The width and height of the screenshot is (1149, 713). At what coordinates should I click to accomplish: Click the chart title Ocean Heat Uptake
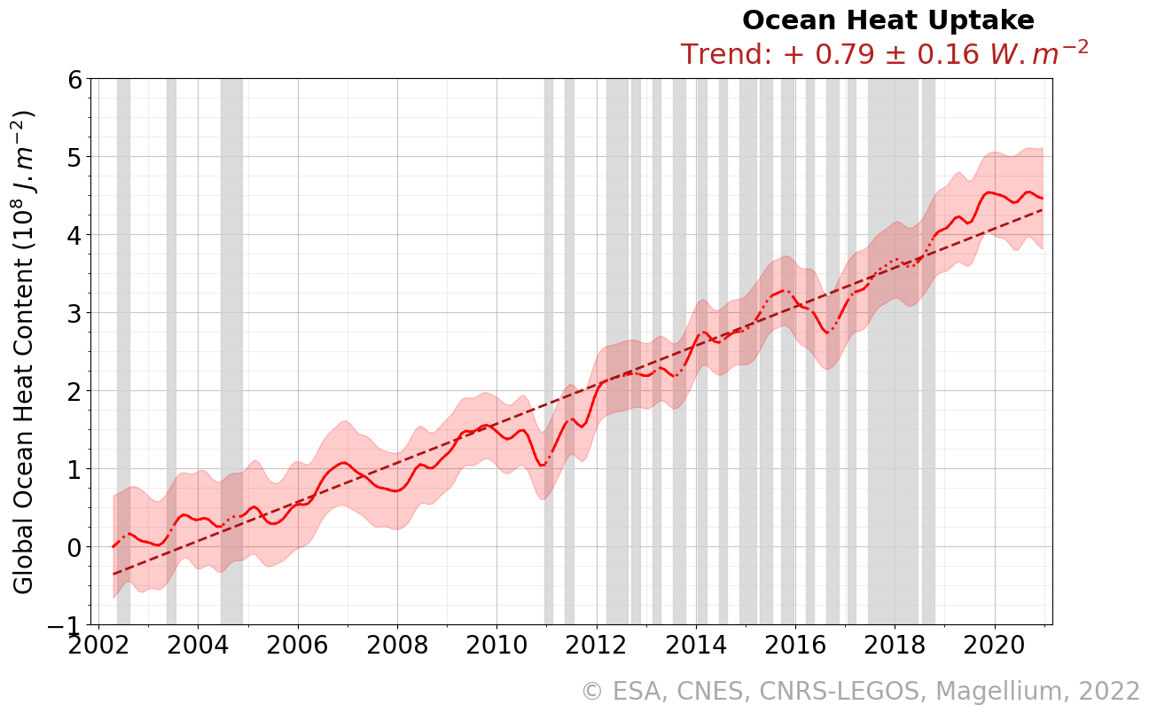[x=887, y=20]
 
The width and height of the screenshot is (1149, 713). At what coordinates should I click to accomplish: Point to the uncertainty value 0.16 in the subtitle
[x=944, y=55]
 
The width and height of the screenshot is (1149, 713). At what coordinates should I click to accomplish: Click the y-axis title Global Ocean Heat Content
[x=24, y=352]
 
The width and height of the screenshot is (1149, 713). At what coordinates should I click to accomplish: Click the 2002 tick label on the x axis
[x=97, y=645]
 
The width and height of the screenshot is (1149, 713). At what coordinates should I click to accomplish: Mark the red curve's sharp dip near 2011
[x=542, y=464]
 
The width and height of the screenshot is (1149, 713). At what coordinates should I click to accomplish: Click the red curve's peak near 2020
[x=989, y=192]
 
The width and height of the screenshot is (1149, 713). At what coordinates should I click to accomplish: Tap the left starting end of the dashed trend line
[x=114, y=574]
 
